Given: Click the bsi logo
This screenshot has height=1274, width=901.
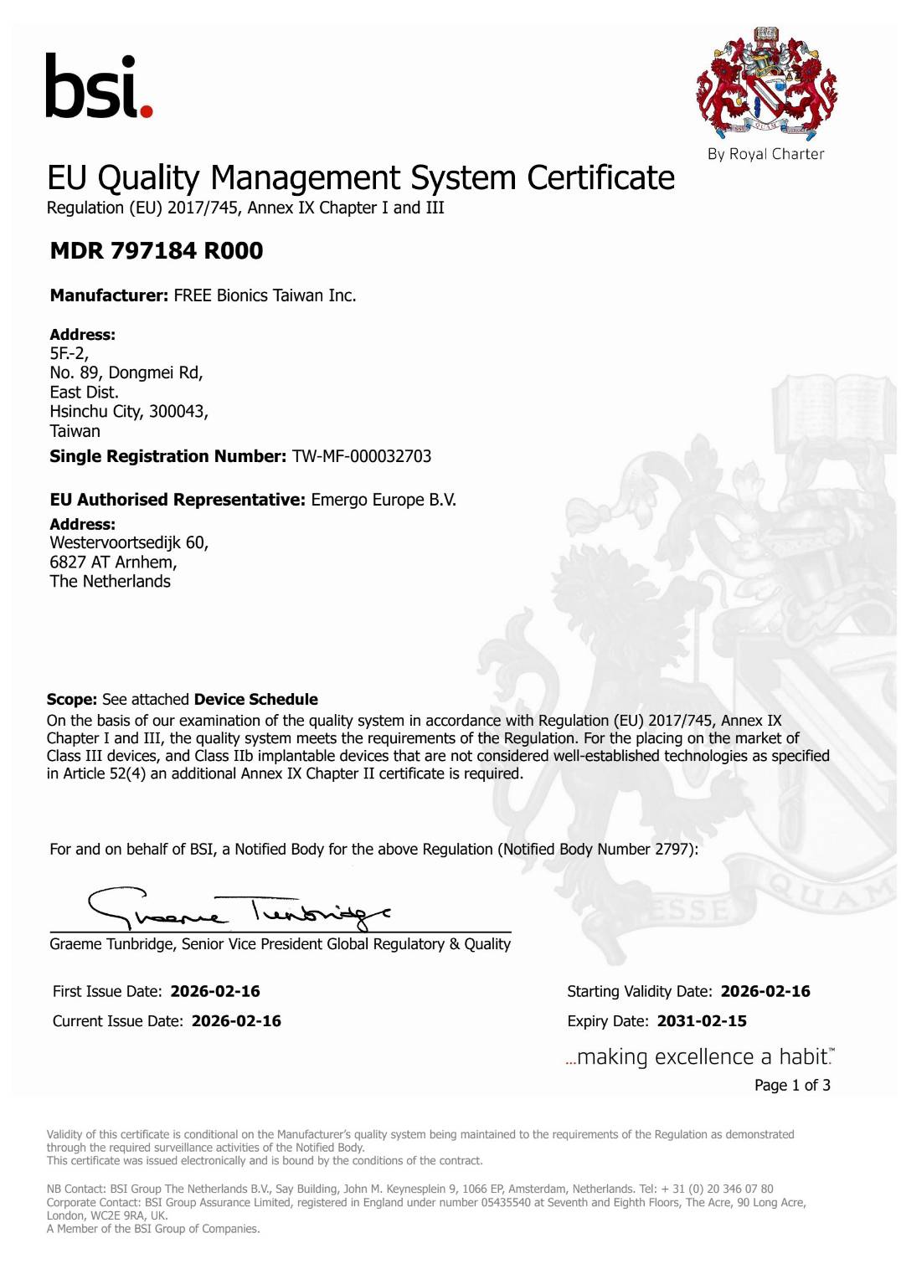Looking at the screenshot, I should (98, 86).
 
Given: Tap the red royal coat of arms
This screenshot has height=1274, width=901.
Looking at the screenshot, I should (766, 85).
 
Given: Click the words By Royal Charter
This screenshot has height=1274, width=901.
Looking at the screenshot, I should (765, 154).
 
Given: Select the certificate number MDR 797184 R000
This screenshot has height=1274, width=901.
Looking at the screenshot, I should (157, 250).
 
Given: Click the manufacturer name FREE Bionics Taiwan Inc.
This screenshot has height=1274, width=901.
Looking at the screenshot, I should (265, 295).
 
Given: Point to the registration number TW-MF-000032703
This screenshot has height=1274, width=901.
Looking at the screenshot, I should (362, 456).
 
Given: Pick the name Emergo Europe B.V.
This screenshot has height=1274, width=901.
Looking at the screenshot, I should (384, 500).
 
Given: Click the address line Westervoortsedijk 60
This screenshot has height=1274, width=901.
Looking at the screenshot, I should (129, 542).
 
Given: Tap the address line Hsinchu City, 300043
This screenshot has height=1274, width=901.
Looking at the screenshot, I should (129, 411).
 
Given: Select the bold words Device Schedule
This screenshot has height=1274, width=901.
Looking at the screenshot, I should (255, 699).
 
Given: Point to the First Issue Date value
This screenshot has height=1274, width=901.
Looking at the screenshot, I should (215, 991).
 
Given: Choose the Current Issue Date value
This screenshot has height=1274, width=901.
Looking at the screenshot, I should (236, 1021).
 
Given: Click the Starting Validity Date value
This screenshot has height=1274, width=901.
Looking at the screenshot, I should (765, 991).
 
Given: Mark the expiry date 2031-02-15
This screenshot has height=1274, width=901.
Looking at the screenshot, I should (702, 1021).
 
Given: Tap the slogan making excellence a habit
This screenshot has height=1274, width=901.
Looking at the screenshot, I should (700, 1057).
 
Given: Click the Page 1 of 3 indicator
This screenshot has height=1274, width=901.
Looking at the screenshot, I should (792, 1086).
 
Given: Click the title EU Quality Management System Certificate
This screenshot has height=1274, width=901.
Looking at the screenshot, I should (361, 178).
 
